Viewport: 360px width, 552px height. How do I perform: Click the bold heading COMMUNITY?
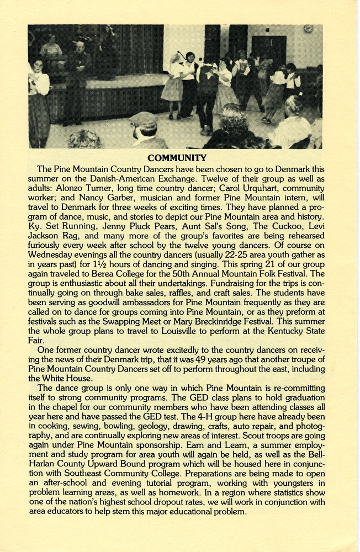click(x=180, y=158)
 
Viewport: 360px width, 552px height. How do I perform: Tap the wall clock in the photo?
click(x=308, y=29)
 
